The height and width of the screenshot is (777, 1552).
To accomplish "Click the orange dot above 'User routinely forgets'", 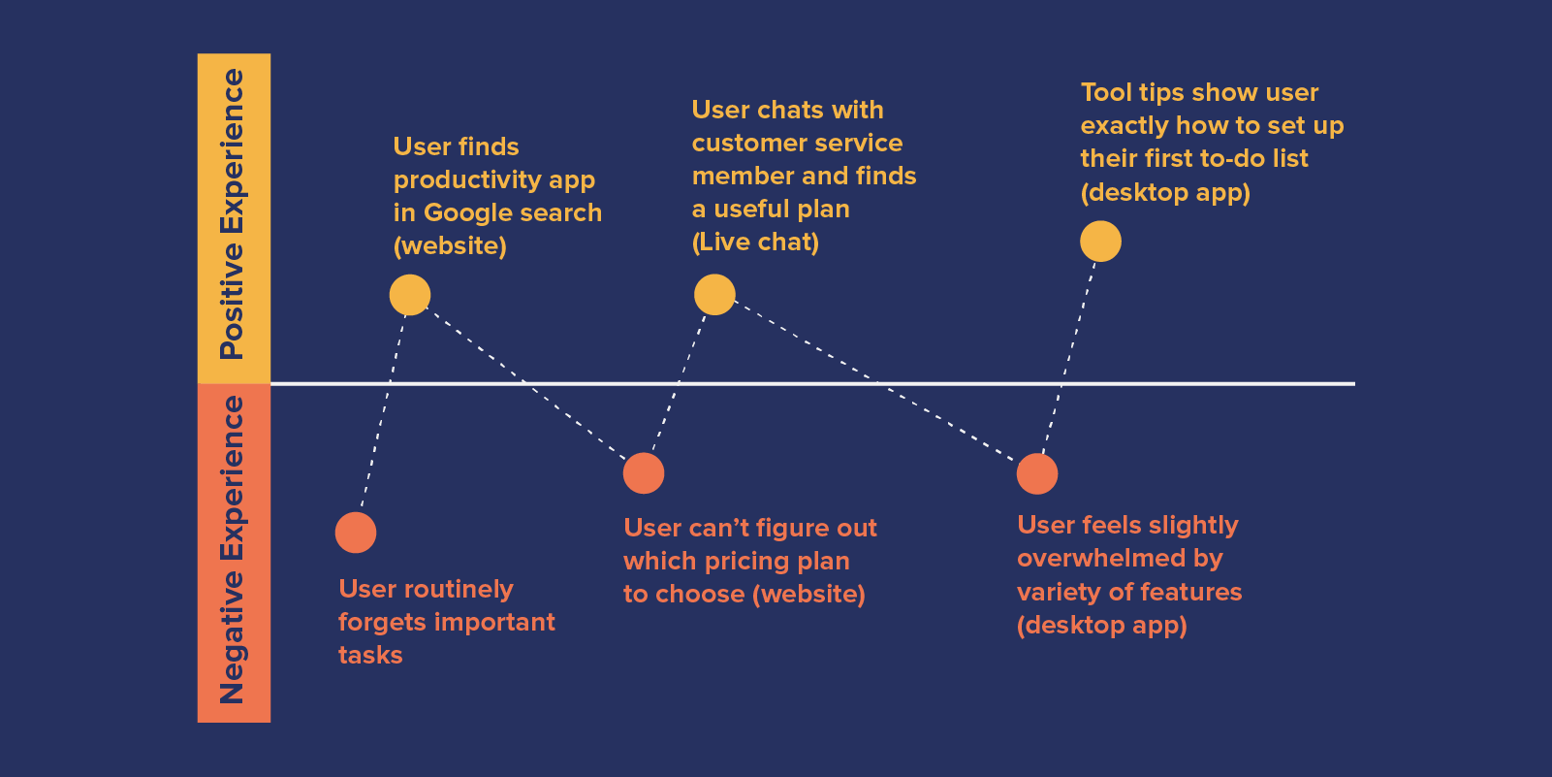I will coord(356,533).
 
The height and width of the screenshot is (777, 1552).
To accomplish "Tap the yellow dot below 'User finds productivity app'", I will coord(410,295).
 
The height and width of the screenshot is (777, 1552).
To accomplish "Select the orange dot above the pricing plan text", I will coord(644,473).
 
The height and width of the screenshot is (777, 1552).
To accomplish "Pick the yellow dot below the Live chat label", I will coord(715,295).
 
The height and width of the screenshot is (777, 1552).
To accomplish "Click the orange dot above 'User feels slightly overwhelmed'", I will coord(1037,473).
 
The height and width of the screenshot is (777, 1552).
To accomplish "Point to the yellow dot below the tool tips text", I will coord(1100,242).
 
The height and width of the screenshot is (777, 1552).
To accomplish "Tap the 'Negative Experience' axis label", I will coord(234,549).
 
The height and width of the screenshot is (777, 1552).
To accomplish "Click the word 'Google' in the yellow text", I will coord(466,213).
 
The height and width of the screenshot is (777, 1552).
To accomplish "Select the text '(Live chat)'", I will coord(755,243).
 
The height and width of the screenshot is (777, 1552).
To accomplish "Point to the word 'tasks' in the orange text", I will coord(370,656).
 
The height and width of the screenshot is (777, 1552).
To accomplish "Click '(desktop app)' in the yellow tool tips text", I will coord(1165,193).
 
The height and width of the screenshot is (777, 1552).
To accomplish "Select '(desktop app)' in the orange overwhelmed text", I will coord(1102,626).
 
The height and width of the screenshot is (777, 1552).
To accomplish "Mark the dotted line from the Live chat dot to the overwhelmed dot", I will coord(877,382).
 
